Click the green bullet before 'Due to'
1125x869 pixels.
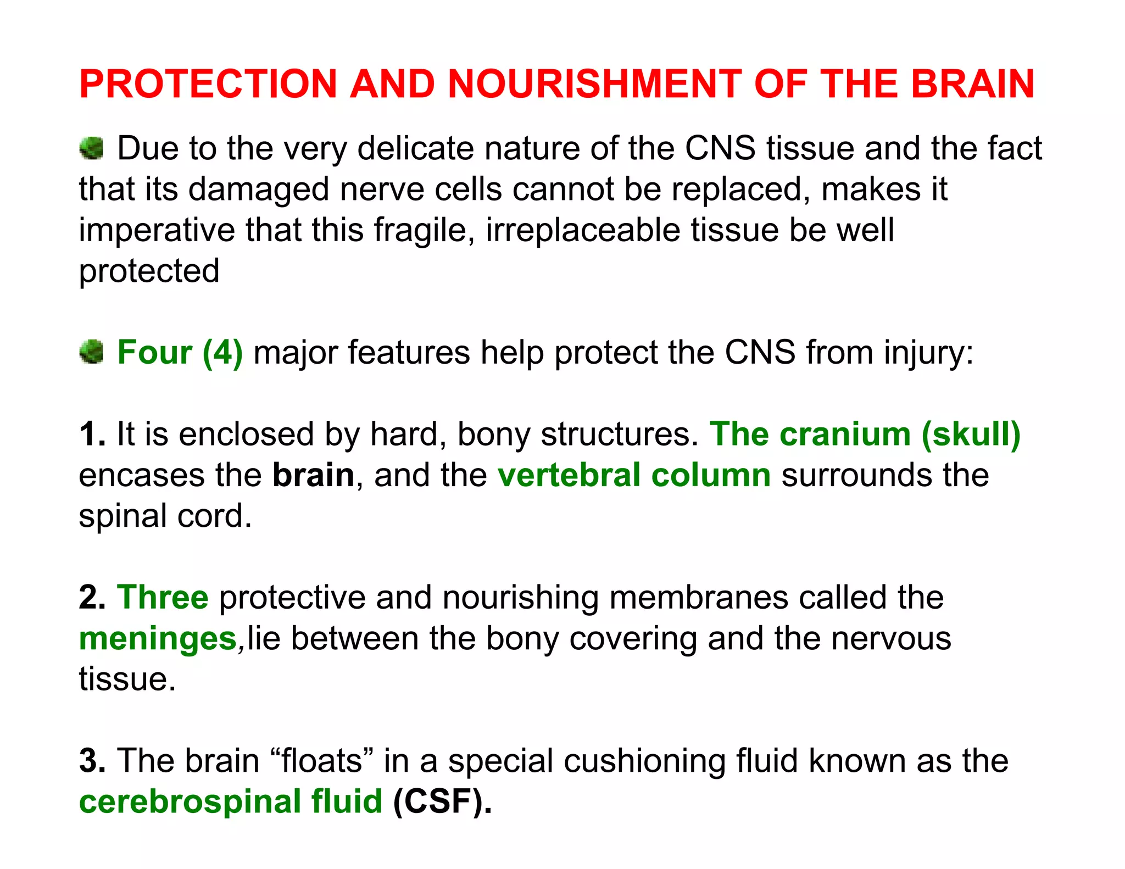coord(91,148)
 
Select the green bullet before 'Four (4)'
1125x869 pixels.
coord(91,352)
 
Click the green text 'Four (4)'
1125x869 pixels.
coord(180,352)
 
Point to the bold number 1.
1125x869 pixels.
coord(91,434)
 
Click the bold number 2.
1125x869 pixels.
coord(91,597)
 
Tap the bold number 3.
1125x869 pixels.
coord(91,761)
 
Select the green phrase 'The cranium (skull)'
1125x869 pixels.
coord(865,434)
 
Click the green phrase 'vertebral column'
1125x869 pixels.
coord(634,475)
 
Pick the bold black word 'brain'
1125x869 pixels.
coord(314,475)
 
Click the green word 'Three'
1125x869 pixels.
coord(163,597)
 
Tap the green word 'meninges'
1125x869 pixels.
coord(158,639)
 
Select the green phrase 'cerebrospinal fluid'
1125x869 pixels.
coord(231,801)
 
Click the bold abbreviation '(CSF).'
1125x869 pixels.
coord(442,801)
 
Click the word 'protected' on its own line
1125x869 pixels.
coord(149,271)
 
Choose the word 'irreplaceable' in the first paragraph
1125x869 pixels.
coord(583,230)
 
